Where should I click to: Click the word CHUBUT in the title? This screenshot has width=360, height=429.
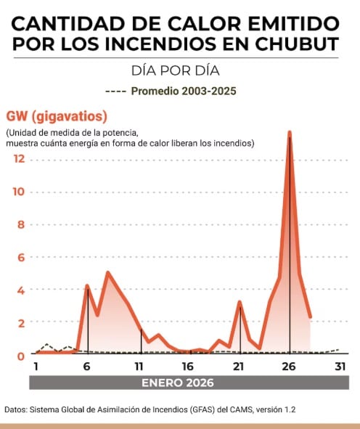(x=297, y=44)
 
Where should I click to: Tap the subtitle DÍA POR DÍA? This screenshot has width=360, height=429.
(x=176, y=70)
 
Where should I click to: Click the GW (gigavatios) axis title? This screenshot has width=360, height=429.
(x=57, y=116)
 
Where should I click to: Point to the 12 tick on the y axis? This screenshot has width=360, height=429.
(x=20, y=159)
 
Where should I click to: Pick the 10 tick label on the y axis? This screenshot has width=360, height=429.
(x=19, y=192)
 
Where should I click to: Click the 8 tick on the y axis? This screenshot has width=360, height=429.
(x=21, y=224)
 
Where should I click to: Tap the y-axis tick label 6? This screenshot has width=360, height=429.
(x=21, y=257)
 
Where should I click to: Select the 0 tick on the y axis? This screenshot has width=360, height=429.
(x=21, y=356)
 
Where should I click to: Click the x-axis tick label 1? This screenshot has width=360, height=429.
(x=36, y=367)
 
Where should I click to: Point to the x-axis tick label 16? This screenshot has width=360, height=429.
(x=188, y=367)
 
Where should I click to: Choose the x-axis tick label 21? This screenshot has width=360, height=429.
(x=238, y=367)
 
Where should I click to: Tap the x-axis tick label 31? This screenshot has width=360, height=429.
(x=340, y=367)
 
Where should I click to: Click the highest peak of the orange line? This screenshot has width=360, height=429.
(x=290, y=132)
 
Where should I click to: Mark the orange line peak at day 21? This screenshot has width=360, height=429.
(x=240, y=302)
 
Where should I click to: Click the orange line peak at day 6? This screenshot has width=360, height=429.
(x=87, y=286)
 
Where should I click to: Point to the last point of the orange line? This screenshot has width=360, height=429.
(x=310, y=317)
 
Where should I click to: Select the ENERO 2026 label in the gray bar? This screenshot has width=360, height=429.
(x=178, y=383)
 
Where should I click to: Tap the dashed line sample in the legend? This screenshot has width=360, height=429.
(x=115, y=91)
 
